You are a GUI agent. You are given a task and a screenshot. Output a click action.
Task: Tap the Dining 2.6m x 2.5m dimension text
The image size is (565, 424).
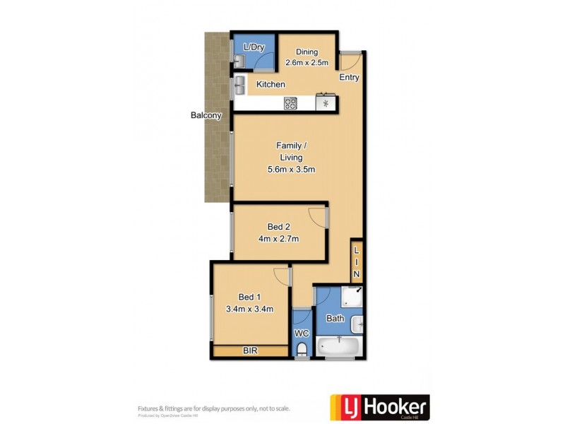coord(307,62)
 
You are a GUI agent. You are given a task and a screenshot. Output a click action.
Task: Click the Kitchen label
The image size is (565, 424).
coord(270,85)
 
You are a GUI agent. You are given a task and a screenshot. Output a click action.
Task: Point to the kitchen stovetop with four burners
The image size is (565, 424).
coord(290,103)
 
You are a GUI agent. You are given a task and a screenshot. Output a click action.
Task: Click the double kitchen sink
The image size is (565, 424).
coord(240,86)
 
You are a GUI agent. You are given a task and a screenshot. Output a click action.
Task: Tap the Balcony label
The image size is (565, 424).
coord(206,115)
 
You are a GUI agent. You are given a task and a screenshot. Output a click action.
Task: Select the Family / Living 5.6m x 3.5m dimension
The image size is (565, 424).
coord(291,169)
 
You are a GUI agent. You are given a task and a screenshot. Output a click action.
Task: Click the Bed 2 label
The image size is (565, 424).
coord(279,227)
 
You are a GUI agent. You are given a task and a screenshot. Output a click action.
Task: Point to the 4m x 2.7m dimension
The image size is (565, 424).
coord(279,239)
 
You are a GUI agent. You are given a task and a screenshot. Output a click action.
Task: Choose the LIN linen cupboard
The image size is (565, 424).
coord(357,262)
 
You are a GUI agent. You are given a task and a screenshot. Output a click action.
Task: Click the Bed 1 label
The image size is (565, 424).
coord(249,297)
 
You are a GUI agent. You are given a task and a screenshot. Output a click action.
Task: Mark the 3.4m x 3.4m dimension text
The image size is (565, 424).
coord(249,309)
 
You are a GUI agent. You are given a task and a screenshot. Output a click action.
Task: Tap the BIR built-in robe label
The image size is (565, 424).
coord(249,351)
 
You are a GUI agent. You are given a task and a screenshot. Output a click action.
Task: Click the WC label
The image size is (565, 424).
coord(301,333)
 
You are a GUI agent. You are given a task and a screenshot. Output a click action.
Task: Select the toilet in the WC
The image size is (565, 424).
coord(302,350)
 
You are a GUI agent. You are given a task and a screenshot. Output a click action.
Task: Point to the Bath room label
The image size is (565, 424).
coord(335,319)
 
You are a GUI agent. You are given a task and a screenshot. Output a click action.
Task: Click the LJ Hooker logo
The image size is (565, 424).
coord(380,408)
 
